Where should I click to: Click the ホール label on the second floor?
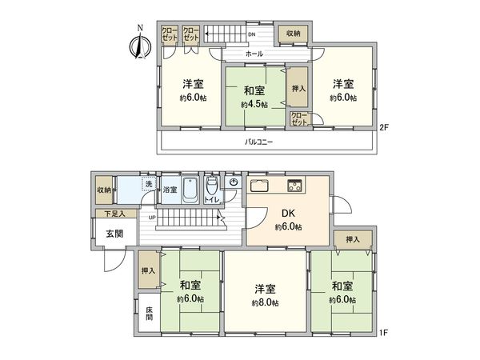point(254,54)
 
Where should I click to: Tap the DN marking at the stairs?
point(251,34)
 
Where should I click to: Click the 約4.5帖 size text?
point(254,105)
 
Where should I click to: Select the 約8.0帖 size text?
point(265,303)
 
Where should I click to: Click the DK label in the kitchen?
point(286,213)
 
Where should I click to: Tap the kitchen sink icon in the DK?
point(262,186)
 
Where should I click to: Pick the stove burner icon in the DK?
point(294,186)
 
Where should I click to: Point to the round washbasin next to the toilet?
point(232,182)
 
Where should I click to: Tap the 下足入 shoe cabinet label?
point(115,214)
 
